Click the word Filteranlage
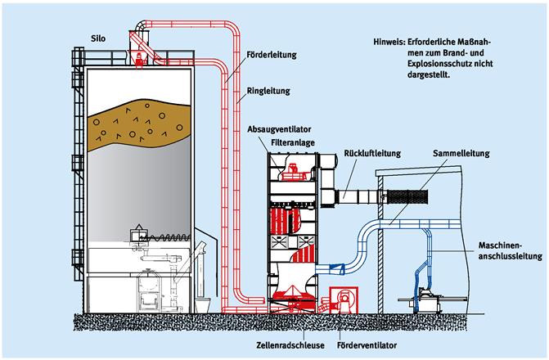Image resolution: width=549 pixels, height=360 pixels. point(292,142)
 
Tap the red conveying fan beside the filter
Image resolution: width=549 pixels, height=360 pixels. point(341,300)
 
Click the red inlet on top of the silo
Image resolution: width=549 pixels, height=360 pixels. point(142,56)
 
